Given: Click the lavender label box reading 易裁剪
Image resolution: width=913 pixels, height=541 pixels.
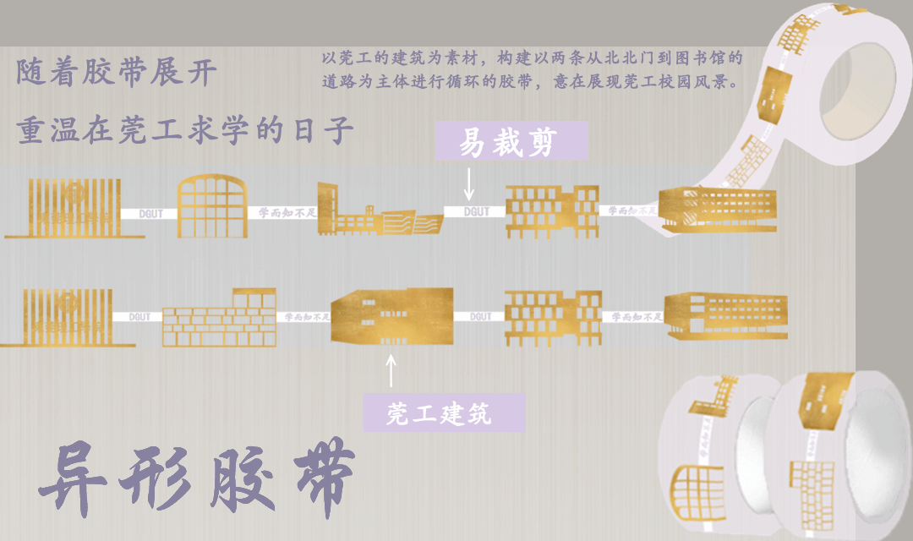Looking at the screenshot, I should pyautogui.click(x=499, y=140).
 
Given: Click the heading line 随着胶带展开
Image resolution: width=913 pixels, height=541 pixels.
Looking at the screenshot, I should pyautogui.click(x=117, y=73).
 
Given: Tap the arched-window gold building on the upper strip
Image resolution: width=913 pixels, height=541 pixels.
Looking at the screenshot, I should pyautogui.click(x=211, y=207).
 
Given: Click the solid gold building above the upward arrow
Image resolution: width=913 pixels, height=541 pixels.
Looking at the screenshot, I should pyautogui.click(x=391, y=314).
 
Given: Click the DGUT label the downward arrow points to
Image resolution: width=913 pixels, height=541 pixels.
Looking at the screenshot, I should pyautogui.click(x=477, y=211).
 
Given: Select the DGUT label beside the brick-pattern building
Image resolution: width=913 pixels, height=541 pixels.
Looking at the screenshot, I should pyautogui.click(x=140, y=317).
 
